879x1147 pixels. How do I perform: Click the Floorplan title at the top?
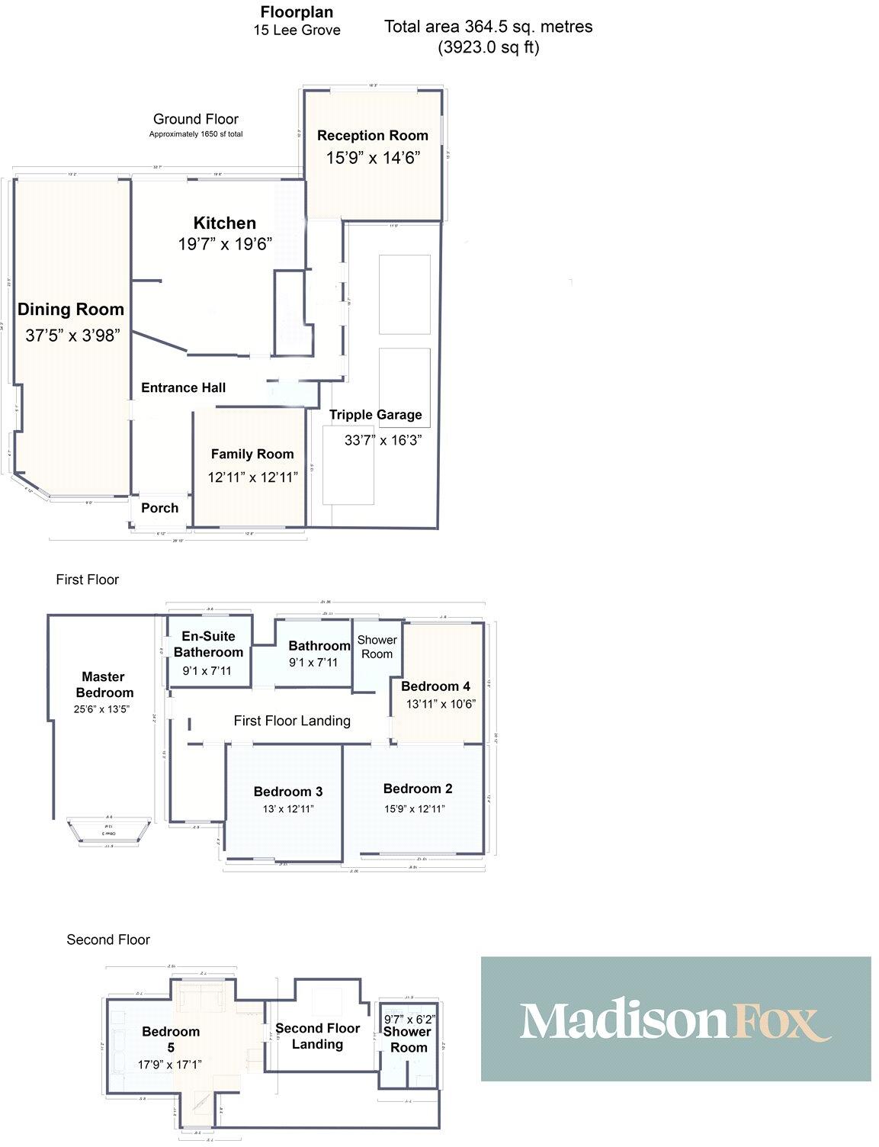[x=297, y=12]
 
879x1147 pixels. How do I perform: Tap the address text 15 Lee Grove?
[x=297, y=31]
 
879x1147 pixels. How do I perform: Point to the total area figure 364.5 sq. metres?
[x=488, y=27]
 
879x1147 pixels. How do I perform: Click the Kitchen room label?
[x=224, y=223]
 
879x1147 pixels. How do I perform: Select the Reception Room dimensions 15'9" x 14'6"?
[x=373, y=158]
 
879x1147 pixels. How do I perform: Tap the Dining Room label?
[x=71, y=310]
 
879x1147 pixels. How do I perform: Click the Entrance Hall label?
[x=183, y=388]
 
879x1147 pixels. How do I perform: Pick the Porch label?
[x=160, y=508]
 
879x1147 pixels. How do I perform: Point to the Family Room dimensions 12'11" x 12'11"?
[x=252, y=477]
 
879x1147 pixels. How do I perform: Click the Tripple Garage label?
[x=375, y=415]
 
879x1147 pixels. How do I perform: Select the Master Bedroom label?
[x=104, y=685]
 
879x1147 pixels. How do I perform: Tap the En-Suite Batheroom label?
[x=208, y=644]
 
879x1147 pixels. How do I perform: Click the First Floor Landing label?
[x=292, y=721]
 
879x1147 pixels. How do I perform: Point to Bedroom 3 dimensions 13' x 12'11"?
[x=288, y=809]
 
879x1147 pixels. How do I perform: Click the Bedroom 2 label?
[x=412, y=789]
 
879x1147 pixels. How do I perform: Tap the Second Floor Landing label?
[x=317, y=1036]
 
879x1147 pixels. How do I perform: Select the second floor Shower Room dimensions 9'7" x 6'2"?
[x=409, y=1019]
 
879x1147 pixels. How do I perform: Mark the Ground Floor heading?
[x=196, y=119]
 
